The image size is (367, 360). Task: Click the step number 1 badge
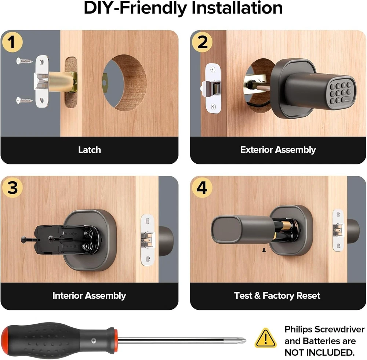12,42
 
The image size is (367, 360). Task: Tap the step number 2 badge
202,42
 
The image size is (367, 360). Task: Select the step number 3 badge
12,188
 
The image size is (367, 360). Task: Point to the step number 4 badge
202,188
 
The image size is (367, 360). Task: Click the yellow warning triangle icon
265,338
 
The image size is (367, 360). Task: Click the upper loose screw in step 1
24,61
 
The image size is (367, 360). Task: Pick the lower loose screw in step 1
24,101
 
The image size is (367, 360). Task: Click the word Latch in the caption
90,150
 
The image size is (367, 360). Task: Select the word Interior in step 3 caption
68,295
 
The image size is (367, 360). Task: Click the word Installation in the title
237,8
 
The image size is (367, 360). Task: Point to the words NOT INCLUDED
319,352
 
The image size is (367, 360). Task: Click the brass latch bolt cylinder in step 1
61,82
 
